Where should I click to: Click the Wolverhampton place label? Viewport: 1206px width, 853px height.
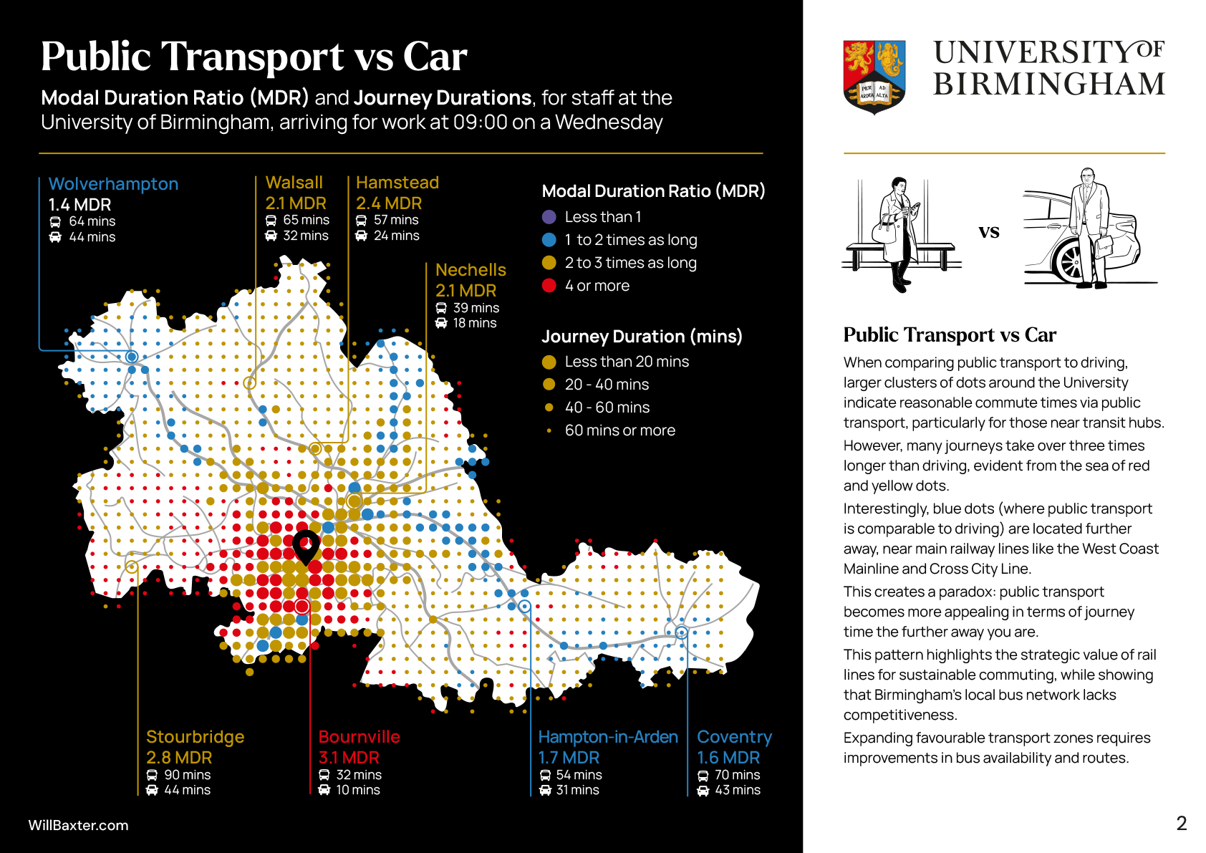click(x=113, y=184)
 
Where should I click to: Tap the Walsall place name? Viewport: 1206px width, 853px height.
click(x=294, y=183)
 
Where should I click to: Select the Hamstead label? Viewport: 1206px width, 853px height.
click(x=397, y=183)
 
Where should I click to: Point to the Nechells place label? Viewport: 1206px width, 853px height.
click(x=471, y=270)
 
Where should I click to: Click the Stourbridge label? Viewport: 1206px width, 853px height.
click(x=195, y=737)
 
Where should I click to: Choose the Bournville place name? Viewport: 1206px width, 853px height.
click(x=359, y=737)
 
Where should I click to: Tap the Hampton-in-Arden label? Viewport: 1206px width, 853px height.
click(x=607, y=737)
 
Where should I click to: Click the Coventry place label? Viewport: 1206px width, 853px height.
click(x=734, y=737)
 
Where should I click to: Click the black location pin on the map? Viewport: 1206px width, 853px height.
click(x=306, y=546)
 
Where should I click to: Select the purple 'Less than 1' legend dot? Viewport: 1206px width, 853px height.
click(x=549, y=217)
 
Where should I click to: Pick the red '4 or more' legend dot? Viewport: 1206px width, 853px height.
click(x=549, y=286)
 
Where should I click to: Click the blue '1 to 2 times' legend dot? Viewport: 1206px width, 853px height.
click(x=549, y=240)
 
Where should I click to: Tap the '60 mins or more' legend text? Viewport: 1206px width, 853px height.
click(x=619, y=430)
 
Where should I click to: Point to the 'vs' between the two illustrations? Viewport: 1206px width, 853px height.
click(x=989, y=231)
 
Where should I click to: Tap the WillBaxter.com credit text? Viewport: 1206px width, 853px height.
click(x=78, y=825)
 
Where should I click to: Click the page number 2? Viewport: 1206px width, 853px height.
click(x=1182, y=824)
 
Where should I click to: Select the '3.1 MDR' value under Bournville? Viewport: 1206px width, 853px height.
click(x=349, y=758)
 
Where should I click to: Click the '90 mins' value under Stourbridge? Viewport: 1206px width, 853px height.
click(x=187, y=775)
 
